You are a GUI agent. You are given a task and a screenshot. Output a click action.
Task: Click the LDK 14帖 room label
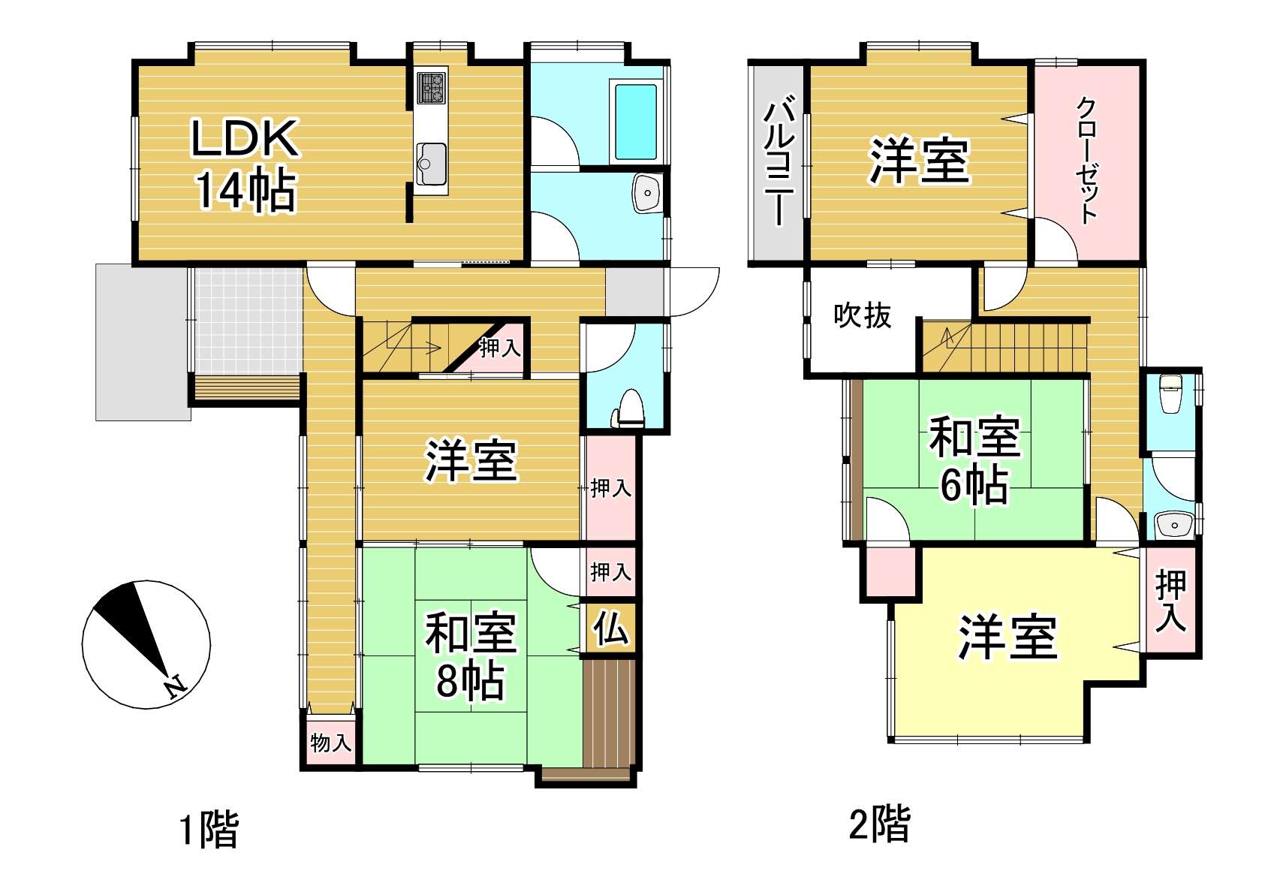[x=245, y=164]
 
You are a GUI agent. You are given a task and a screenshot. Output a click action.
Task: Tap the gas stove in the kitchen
[x=432, y=88]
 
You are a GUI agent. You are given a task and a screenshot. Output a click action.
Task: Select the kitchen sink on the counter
[x=432, y=164]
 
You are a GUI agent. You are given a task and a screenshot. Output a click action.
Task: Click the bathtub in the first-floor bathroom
[x=636, y=122]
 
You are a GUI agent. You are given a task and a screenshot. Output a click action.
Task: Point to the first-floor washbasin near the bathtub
[x=647, y=193]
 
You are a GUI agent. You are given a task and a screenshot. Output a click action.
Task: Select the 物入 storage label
[x=331, y=743]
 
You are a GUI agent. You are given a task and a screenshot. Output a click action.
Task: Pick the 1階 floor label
[x=209, y=829]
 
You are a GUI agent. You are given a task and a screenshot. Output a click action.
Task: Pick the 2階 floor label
[x=879, y=824]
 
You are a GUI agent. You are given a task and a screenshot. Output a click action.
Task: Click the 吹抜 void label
[x=863, y=315]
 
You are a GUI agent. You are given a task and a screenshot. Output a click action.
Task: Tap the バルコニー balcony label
[x=779, y=160]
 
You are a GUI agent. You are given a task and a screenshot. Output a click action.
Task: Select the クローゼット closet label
[x=1087, y=161]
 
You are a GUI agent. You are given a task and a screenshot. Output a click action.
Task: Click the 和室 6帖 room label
[x=974, y=460]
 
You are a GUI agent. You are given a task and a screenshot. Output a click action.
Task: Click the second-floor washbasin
[x=1174, y=526]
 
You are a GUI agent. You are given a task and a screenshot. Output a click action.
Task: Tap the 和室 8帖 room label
[x=471, y=655]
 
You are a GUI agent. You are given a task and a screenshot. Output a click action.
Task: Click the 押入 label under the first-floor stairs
[x=500, y=348]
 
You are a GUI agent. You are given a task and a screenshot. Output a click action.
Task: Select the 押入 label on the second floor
[x=1170, y=601]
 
